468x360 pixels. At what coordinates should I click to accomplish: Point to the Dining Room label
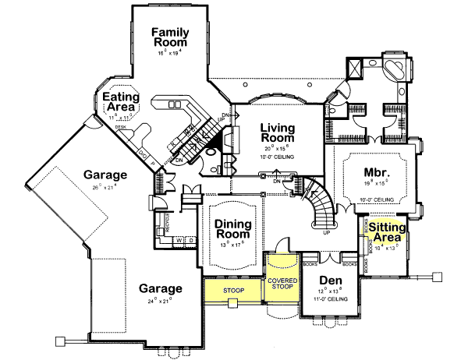[x=232, y=228]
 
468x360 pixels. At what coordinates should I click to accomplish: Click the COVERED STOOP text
[x=283, y=284]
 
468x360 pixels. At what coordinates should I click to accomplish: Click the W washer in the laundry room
[x=178, y=240]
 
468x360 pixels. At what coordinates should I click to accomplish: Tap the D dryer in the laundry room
[x=190, y=240]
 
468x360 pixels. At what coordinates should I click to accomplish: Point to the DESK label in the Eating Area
[x=121, y=126]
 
